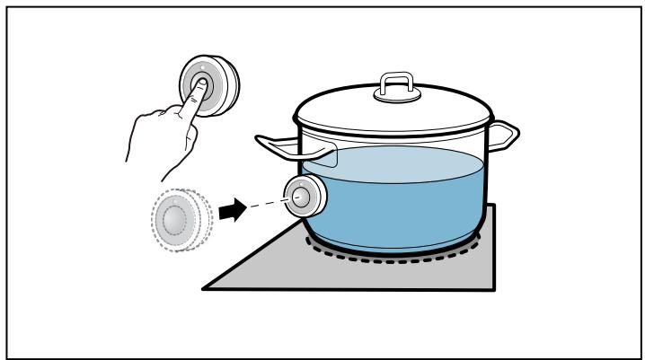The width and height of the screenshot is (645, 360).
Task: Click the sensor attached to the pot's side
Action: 304,195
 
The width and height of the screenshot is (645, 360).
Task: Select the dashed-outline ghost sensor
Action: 179,217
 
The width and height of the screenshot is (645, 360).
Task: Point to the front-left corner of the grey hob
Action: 205,288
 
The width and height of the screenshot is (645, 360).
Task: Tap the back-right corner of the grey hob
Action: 493,207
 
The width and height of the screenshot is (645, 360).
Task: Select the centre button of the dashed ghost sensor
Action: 175,218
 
